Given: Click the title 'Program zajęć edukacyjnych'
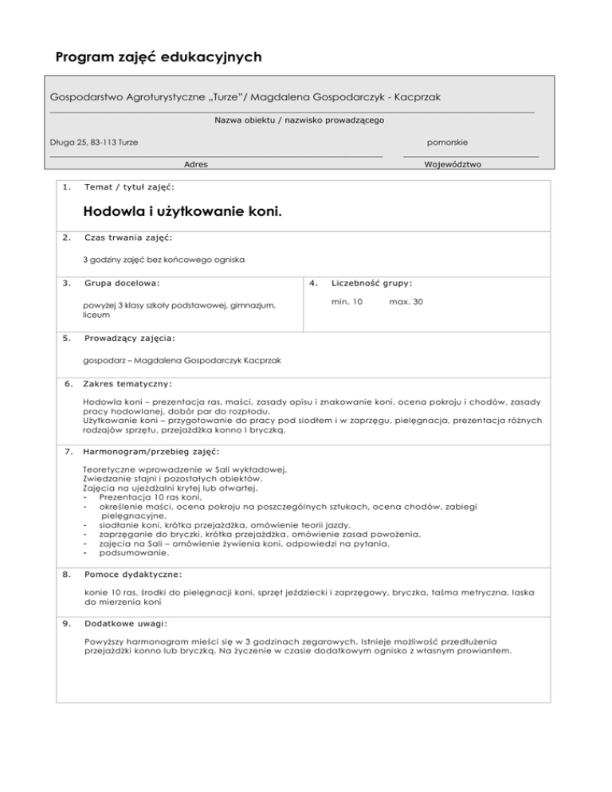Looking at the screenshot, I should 159,58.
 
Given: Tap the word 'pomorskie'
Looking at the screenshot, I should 447,142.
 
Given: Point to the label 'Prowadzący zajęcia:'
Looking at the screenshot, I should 130,338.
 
